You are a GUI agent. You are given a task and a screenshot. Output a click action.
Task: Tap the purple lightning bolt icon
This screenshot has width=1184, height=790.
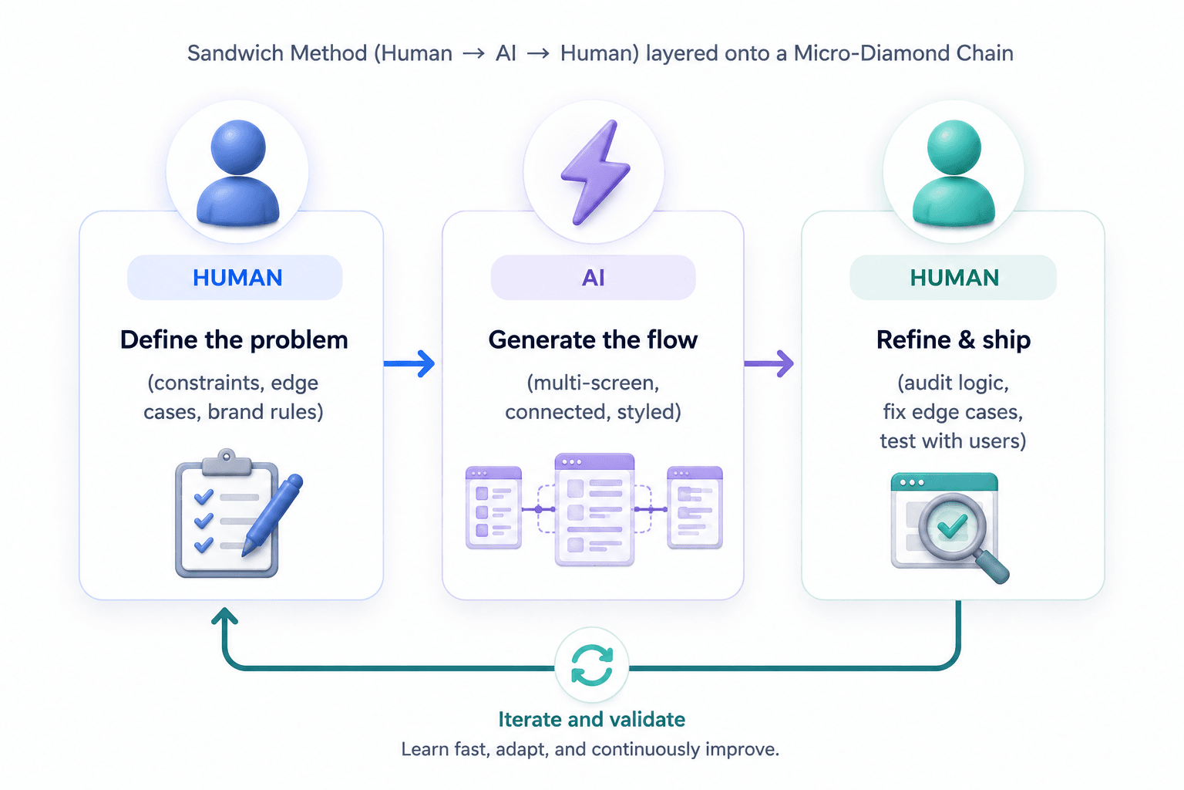(595, 173)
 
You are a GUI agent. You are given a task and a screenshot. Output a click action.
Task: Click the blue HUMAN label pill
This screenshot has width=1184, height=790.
(235, 278)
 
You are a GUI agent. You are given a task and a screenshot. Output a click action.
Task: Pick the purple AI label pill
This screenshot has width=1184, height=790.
(593, 278)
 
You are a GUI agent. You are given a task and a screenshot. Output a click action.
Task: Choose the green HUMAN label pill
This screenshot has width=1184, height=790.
(953, 278)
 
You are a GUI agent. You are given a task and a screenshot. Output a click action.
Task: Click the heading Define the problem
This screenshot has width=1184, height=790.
(234, 340)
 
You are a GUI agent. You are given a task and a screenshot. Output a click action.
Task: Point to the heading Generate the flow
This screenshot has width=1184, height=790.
(593, 340)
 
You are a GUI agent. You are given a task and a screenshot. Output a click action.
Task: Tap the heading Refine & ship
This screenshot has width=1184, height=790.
(954, 340)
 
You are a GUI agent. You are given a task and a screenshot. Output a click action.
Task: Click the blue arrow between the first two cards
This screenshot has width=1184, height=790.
(409, 363)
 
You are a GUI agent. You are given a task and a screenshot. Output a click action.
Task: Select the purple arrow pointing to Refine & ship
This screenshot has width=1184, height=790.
(769, 363)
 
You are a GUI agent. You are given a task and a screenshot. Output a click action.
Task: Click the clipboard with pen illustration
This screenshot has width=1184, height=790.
(239, 513)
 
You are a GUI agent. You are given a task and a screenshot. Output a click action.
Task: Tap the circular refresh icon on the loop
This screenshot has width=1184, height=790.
(592, 664)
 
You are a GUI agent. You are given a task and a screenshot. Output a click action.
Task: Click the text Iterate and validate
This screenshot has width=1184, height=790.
(592, 720)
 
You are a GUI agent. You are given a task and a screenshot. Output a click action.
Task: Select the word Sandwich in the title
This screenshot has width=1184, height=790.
(236, 53)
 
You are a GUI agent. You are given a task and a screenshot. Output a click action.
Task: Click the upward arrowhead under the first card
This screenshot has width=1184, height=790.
(224, 616)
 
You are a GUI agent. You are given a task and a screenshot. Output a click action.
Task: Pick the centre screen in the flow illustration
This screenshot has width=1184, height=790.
(594, 509)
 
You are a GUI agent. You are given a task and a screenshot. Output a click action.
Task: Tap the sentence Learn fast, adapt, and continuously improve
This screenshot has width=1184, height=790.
(590, 749)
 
